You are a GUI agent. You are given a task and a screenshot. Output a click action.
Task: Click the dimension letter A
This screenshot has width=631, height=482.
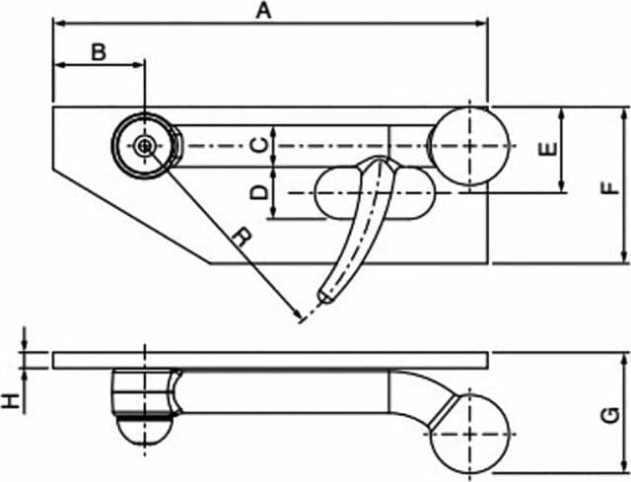tap(263, 10)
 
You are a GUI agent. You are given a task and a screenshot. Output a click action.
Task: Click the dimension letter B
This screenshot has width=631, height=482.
tap(99, 52)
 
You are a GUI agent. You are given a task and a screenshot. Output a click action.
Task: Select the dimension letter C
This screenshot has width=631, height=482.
tap(259, 145)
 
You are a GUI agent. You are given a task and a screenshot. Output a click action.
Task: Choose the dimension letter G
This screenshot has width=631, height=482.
tap(611, 415)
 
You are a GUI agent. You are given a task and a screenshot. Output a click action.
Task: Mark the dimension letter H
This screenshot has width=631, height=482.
tap(11, 401)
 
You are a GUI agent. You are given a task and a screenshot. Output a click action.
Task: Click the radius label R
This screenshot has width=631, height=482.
tap(242, 238)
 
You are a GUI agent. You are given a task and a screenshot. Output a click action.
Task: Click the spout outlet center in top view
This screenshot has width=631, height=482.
tap(144, 146)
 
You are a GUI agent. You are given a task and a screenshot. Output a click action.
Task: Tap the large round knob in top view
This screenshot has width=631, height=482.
tap(469, 146)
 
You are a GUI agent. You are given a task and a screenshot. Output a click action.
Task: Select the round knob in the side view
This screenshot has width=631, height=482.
tap(469, 434)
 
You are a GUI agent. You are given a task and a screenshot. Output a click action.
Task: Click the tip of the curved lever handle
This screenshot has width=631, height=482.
tap(324, 298)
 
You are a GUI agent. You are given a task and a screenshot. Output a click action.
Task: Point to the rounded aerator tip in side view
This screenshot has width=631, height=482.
tap(145, 432)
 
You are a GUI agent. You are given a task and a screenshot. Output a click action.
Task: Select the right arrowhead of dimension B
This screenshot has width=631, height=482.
tap(139, 64)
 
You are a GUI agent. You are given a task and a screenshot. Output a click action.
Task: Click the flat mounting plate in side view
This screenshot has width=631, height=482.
tap(270, 360)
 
